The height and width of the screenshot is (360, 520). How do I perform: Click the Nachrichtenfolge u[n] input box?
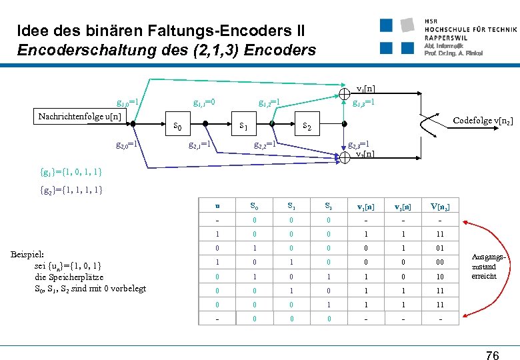pyautogui.click(x=79, y=117)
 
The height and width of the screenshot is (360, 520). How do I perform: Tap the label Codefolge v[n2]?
pyautogui.click(x=483, y=121)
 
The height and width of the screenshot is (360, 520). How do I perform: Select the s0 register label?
pyautogui.click(x=177, y=125)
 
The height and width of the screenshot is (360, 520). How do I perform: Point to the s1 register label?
pyautogui.click(x=244, y=125)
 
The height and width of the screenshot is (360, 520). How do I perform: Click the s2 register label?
pyautogui.click(x=308, y=125)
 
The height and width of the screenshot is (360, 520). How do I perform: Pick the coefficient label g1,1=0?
pyautogui.click(x=204, y=103)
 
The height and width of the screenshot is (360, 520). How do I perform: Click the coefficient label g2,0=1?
pyautogui.click(x=127, y=144)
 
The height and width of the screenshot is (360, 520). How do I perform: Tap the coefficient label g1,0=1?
pyautogui.click(x=127, y=103)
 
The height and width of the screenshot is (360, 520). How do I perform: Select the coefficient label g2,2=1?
pyautogui.click(x=265, y=144)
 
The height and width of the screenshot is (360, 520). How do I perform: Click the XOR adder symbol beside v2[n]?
pyautogui.click(x=346, y=157)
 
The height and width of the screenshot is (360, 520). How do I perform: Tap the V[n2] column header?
pyautogui.click(x=439, y=207)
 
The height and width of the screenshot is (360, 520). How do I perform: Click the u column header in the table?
pyautogui.click(x=217, y=207)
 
